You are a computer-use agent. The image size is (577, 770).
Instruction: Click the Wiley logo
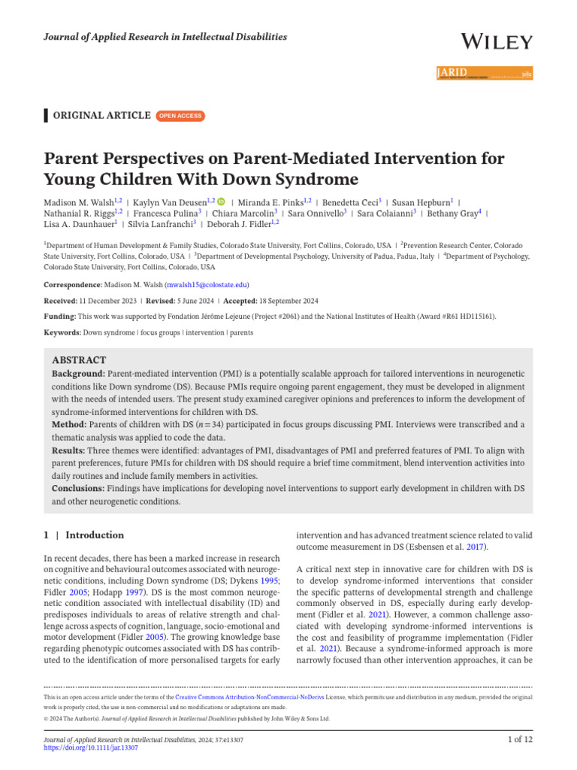496,41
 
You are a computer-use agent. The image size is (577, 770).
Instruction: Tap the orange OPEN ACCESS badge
180,115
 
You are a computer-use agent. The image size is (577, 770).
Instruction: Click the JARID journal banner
484,74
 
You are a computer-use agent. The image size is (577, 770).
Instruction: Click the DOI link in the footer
91,748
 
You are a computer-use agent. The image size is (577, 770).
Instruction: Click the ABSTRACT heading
79,360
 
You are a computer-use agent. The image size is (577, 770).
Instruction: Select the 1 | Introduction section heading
83,535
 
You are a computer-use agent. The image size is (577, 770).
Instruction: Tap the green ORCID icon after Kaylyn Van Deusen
221,202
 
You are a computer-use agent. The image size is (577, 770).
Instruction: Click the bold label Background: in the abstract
79,374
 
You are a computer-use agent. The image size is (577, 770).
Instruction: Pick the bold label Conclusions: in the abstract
80,489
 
